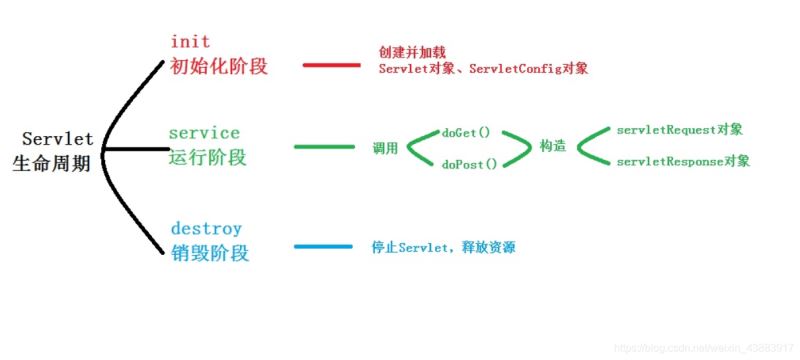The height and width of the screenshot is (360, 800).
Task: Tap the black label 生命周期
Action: tap(51, 164)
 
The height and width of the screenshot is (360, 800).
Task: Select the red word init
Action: tap(190, 41)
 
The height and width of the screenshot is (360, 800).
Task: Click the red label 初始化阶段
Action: tap(219, 66)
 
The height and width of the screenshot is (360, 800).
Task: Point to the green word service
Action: tap(204, 132)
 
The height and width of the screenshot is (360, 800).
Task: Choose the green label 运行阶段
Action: tap(208, 157)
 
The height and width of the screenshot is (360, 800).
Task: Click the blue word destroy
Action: tap(206, 228)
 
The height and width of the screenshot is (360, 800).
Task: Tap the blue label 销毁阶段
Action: tap(208, 253)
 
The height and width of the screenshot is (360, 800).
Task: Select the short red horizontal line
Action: tap(330, 65)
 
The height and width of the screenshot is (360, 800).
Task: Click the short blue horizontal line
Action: tap(323, 247)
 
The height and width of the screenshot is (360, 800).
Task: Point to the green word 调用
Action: tap(386, 148)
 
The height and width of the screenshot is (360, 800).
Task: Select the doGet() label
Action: tap(466, 132)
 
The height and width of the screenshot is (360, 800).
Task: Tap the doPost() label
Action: tap(469, 163)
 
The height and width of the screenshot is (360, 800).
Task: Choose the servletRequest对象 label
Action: tap(680, 130)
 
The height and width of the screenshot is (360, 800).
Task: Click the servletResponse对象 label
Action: tap(684, 161)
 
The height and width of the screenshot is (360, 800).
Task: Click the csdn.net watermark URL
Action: tap(701, 346)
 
